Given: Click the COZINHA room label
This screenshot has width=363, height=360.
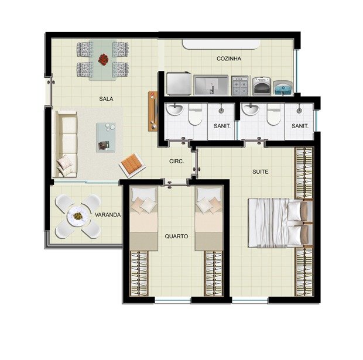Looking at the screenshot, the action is coord(229,59).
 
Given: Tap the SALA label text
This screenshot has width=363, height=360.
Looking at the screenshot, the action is coord(106,99).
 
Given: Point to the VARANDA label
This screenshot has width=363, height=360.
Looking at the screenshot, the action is coord(108,215).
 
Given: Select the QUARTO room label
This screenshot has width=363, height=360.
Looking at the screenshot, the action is coord(176,236).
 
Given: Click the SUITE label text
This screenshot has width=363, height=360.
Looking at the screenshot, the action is coord(261,172).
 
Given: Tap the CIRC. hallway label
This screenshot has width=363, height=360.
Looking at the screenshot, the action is coord(177,162).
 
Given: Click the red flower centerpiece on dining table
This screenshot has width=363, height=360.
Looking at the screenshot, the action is coord(103,59).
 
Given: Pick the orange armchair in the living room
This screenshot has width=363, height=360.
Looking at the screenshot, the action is coord(132,165).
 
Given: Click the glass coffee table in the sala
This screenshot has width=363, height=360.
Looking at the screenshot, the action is coord(106,138).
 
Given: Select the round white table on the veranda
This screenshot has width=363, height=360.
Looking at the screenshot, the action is coord(78,216).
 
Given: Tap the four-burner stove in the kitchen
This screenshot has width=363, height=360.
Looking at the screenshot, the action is coord(240,85).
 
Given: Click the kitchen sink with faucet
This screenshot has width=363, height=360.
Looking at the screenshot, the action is coord(211,85).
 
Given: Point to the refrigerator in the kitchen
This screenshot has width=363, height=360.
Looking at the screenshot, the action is coord(179,84).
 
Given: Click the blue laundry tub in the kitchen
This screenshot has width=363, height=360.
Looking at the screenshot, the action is coord(283,88).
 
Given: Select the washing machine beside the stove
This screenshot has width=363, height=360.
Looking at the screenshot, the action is coord(262,86).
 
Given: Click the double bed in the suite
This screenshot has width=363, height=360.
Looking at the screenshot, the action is coord(280,222).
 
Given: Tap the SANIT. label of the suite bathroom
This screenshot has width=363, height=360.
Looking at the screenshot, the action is coord(300,126).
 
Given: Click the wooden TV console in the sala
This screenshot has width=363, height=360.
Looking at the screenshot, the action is coord(153,111).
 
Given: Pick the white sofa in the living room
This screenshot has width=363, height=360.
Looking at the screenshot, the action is coord(65,144).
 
